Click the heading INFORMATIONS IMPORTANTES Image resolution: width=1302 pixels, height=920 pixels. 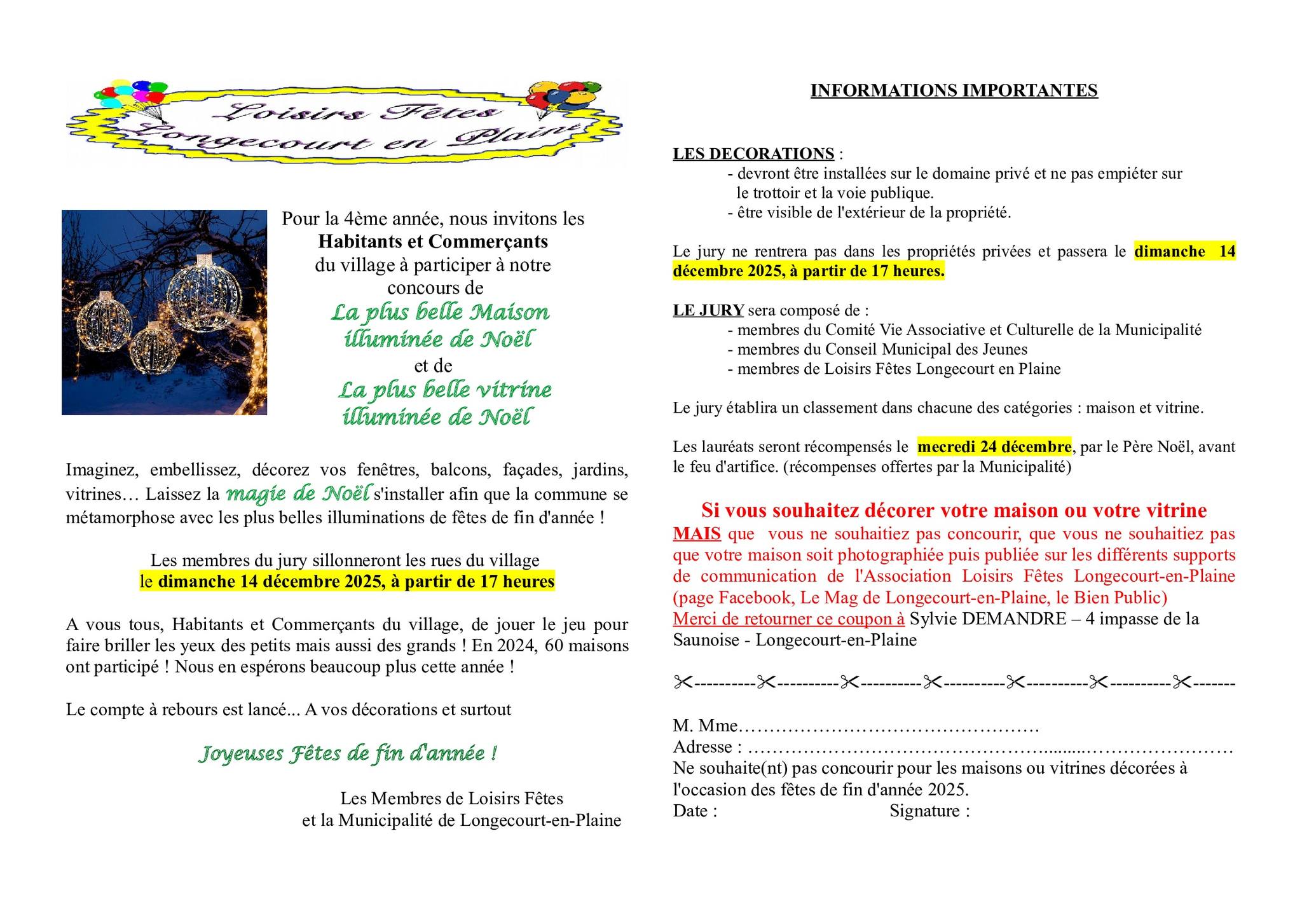pyautogui.click(x=954, y=91)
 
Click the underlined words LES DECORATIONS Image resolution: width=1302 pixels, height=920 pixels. pyautogui.click(x=753, y=154)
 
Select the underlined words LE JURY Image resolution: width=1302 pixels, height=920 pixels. pyautogui.click(x=708, y=310)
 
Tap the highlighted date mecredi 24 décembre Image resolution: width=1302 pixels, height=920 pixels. pyautogui.click(x=994, y=447)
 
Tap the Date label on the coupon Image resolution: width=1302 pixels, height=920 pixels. pyautogui.click(x=691, y=811)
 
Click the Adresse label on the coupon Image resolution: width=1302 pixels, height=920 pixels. pyautogui.click(x=702, y=747)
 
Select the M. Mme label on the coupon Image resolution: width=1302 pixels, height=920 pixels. pyautogui.click(x=705, y=725)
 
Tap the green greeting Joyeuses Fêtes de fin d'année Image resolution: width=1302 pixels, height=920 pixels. pyautogui.click(x=347, y=753)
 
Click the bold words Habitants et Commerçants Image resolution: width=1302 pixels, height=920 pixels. pyautogui.click(x=433, y=242)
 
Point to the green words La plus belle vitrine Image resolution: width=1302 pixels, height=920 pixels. pyautogui.click(x=444, y=389)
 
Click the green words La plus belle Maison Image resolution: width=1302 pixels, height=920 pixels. pyautogui.click(x=440, y=312)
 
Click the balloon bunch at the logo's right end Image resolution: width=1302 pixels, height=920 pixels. pyautogui.click(x=562, y=97)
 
